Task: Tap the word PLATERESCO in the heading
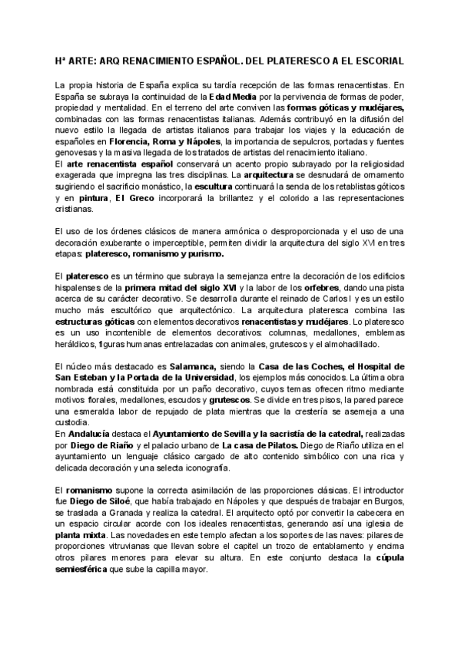[x=278, y=60]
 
